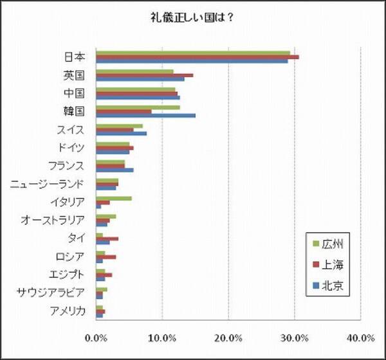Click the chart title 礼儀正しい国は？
(x=192, y=17)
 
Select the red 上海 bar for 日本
(x=197, y=57)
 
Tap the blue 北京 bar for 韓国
(x=145, y=116)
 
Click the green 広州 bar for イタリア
(x=114, y=198)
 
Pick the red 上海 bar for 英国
(x=144, y=75)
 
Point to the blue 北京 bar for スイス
(x=121, y=134)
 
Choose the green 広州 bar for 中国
(x=135, y=89)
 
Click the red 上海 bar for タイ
(x=107, y=239)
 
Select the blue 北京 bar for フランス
(x=115, y=170)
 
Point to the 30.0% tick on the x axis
(x=294, y=337)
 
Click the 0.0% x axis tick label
(x=96, y=337)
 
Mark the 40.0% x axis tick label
(x=360, y=337)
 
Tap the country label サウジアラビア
(x=51, y=293)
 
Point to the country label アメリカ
(x=68, y=312)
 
